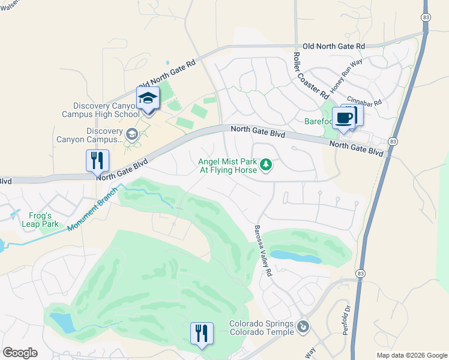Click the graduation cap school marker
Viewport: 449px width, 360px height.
point(148,98)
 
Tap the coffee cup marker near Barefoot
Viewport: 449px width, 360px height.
point(345,118)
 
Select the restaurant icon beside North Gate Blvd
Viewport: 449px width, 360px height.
point(97,161)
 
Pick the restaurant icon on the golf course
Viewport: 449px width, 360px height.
point(202,334)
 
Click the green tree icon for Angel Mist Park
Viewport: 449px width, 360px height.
point(265,164)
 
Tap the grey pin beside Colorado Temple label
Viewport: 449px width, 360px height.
point(304,328)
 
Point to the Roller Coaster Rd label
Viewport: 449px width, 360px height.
point(310,76)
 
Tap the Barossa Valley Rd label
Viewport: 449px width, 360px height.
point(262,250)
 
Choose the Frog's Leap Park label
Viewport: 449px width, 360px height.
point(43,220)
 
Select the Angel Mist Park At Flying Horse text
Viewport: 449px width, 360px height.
point(228,165)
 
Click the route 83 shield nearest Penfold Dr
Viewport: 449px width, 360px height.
point(360,273)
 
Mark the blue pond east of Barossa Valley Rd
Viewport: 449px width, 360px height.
point(295,257)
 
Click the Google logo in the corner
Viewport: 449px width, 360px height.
point(20,353)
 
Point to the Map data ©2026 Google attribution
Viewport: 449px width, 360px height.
point(411,355)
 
